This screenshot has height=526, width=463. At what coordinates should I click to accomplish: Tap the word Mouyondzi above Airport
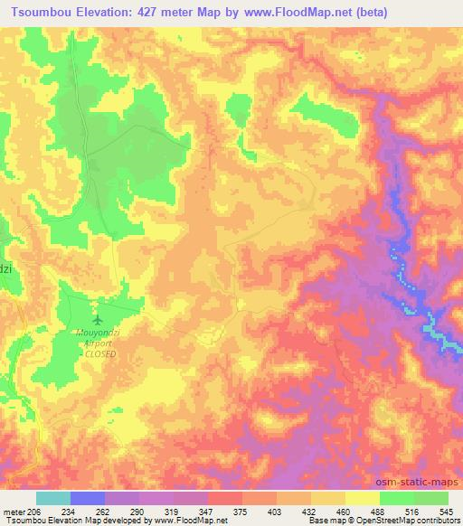point(97,333)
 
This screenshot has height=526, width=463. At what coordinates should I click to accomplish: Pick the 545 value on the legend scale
point(446,512)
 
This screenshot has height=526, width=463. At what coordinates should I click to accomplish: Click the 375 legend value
point(241,512)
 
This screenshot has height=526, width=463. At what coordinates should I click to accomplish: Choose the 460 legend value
point(344,512)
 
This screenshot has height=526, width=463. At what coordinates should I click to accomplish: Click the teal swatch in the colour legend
point(53,498)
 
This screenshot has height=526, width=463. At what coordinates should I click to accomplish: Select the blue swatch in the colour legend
point(88,498)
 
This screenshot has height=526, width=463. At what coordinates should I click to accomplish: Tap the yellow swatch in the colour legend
point(362,498)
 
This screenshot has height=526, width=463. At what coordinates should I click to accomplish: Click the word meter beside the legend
point(14,512)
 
